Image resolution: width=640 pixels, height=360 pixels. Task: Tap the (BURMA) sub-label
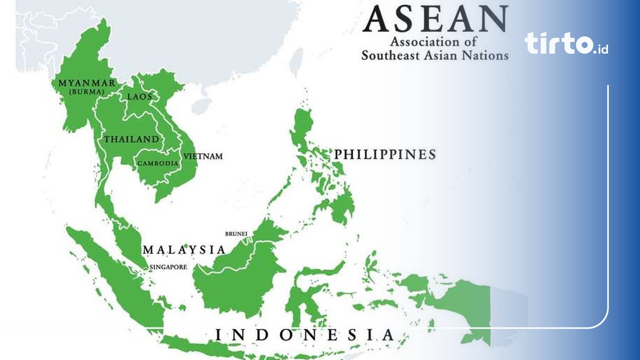86,92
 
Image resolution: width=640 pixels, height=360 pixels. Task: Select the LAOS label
139,96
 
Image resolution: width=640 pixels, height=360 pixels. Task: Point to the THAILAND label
131,139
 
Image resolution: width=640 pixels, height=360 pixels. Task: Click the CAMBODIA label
158,163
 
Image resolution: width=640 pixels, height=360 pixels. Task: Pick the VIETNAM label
202,156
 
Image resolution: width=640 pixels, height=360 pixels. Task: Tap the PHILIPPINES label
384,154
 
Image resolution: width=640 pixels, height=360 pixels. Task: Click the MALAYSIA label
184,249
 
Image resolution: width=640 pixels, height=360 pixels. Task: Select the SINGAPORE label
168,267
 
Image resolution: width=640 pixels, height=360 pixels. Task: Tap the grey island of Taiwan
297,62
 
